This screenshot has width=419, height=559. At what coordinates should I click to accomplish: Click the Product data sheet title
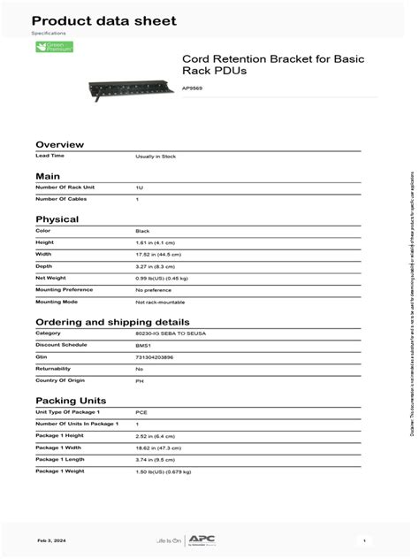(103, 20)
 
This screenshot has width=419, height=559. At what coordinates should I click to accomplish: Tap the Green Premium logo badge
(55, 47)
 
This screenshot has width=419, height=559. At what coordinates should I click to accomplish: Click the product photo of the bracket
(130, 87)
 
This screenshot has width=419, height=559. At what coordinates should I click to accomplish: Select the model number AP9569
(192, 88)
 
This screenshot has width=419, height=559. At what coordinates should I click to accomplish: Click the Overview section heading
(59, 144)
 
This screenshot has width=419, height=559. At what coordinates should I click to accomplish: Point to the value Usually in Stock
(156, 157)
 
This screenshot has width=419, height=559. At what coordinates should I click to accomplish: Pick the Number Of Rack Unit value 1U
(140, 188)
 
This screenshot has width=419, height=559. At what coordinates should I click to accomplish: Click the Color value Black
(142, 231)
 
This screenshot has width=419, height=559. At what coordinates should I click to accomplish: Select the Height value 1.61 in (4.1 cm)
(156, 242)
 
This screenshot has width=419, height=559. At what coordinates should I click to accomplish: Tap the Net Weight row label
(50, 278)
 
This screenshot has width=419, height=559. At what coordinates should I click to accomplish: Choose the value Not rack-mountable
(159, 301)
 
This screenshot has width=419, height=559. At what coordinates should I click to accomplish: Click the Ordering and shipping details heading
(111, 322)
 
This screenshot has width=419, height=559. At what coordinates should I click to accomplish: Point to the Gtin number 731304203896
(155, 356)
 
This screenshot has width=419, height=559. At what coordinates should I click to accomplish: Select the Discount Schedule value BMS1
(143, 345)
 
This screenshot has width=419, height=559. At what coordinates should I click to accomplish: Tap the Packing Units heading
(70, 401)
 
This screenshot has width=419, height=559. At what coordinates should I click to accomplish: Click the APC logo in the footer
(208, 539)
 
